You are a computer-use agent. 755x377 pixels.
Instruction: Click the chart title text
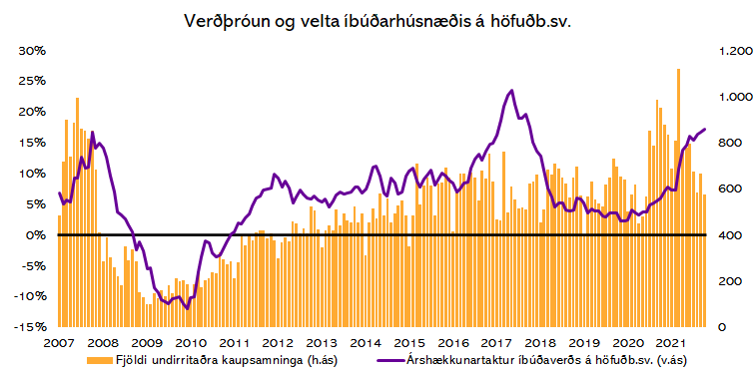click(377, 21)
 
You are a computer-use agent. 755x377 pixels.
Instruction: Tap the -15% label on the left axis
click(31, 327)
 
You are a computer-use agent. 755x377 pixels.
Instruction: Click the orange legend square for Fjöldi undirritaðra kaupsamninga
click(94, 360)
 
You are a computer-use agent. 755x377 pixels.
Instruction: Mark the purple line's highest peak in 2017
click(511, 91)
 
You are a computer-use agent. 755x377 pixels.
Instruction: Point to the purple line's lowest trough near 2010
click(187, 308)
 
